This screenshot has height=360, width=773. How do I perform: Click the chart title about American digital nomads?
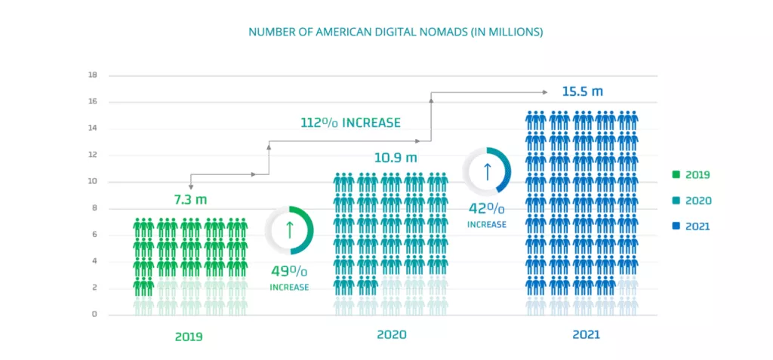tap(396, 32)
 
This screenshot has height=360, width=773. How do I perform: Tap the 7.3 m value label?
tap(190, 200)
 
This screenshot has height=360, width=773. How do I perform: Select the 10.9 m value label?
tap(396, 158)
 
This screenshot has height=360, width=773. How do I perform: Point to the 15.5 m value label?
tap(582, 91)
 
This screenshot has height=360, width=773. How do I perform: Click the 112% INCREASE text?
tap(350, 122)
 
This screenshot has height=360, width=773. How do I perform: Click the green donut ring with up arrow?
tap(289, 230)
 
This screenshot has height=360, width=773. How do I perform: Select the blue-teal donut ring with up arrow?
tap(487, 171)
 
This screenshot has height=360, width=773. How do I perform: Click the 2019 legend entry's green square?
tap(676, 175)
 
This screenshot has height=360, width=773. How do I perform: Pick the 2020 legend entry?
tap(691, 201)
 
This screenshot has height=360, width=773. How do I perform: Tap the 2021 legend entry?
tap(691, 226)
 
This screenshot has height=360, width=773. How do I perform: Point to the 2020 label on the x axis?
tap(393, 334)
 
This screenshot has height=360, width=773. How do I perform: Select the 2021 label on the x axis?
tap(586, 334)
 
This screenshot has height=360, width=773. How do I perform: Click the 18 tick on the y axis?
tap(93, 75)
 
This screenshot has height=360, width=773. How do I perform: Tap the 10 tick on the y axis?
tap(93, 182)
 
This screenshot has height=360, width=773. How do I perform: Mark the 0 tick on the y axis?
tap(94, 314)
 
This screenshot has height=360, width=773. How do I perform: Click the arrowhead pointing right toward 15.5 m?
tap(545, 92)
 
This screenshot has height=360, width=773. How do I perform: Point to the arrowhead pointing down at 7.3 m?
tap(191, 186)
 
